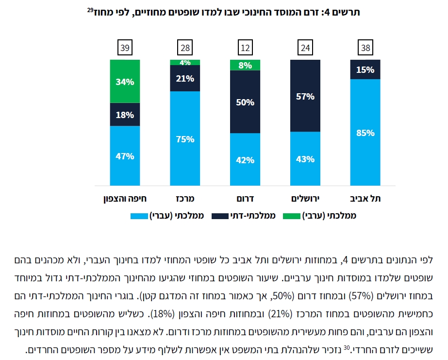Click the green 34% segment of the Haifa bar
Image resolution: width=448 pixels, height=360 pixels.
125,81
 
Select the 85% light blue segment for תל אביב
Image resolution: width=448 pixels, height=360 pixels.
365,132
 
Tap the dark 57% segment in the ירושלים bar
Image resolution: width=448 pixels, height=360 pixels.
305,96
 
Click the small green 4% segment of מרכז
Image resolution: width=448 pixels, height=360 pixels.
185,62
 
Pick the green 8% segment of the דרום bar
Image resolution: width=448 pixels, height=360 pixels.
245,65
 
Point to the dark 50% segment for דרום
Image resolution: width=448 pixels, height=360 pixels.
245,102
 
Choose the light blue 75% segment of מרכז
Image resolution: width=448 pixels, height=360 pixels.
185,138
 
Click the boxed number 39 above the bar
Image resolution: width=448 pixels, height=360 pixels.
125,48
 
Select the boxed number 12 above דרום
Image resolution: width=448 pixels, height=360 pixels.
245,48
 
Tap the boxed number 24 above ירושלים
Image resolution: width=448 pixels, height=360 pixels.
305,48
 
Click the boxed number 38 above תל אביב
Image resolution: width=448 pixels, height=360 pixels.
365,48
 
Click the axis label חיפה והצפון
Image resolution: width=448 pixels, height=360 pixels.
125,198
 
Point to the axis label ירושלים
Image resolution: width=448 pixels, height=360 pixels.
305,198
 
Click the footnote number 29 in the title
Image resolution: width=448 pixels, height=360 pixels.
89,10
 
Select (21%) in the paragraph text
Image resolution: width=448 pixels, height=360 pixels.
285,312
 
